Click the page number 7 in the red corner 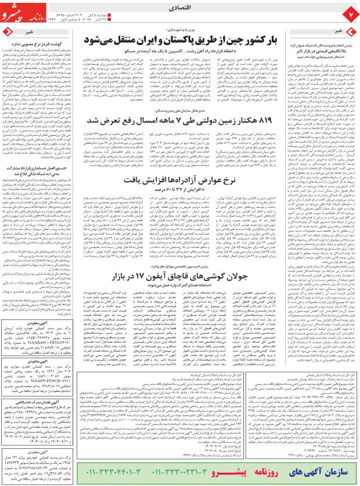[x=350, y=12]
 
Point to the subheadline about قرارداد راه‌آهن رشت [x=192, y=53]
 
